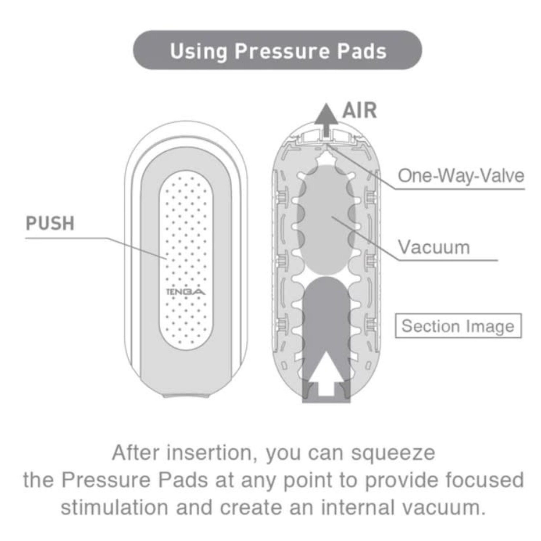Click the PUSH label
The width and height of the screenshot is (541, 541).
(x=50, y=223)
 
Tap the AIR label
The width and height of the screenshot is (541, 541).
(x=360, y=110)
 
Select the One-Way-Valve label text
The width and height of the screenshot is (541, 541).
(x=461, y=176)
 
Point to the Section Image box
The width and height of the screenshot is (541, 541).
(x=458, y=326)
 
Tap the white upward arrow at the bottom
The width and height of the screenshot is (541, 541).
(x=326, y=373)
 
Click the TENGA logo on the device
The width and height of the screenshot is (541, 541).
(x=186, y=291)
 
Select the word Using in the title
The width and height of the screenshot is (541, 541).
(x=199, y=51)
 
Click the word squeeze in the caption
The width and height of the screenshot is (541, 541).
(x=393, y=454)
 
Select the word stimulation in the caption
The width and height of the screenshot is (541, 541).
(x=115, y=507)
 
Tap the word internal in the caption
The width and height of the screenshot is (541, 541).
(x=358, y=507)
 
